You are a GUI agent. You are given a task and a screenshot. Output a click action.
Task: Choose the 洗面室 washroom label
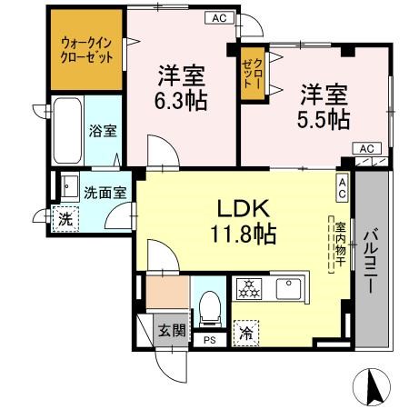(105, 192)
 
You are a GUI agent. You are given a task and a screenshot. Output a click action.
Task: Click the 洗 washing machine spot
(64, 220)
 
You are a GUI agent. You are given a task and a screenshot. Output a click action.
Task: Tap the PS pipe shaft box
(209, 341)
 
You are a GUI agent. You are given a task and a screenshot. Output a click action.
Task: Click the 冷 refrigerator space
(246, 333)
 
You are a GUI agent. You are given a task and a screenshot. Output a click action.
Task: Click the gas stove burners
(248, 290)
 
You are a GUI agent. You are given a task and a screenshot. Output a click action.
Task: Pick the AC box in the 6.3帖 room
(219, 16)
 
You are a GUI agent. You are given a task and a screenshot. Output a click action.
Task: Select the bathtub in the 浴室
(65, 130)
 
